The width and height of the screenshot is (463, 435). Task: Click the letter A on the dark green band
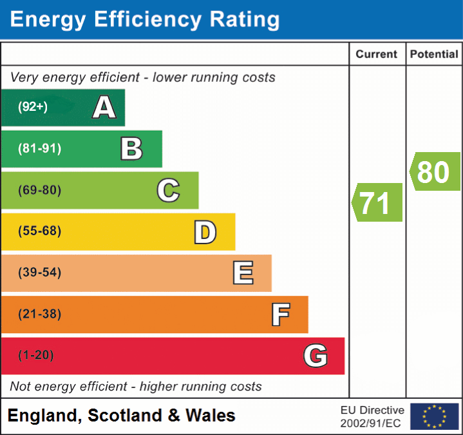click(x=104, y=108)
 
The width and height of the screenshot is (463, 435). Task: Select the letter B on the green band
click(x=131, y=149)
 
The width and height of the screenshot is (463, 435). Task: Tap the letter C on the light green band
click(x=168, y=190)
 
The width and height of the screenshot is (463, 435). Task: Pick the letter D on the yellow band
click(x=205, y=232)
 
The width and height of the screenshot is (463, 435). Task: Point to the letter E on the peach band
click(x=243, y=273)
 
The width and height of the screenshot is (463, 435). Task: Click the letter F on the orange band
click(x=280, y=314)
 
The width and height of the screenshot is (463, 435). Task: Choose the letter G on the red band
click(x=316, y=356)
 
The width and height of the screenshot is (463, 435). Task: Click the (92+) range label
click(x=33, y=108)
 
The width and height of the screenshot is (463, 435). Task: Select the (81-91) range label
click(x=39, y=149)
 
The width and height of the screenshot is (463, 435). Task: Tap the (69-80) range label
click(x=39, y=190)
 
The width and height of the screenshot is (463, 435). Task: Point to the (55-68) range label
click(x=39, y=231)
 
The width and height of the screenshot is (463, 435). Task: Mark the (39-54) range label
click(x=39, y=273)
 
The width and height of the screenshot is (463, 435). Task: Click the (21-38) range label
click(x=39, y=314)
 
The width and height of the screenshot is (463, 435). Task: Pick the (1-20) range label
click(x=36, y=356)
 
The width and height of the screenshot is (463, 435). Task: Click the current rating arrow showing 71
click(x=377, y=203)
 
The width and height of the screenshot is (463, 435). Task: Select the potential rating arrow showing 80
click(x=435, y=172)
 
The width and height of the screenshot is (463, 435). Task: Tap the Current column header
click(x=377, y=55)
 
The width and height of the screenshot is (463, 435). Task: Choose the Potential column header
click(x=434, y=55)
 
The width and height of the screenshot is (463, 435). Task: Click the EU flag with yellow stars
click(x=435, y=416)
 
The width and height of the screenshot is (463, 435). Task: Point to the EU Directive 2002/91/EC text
click(x=372, y=416)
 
